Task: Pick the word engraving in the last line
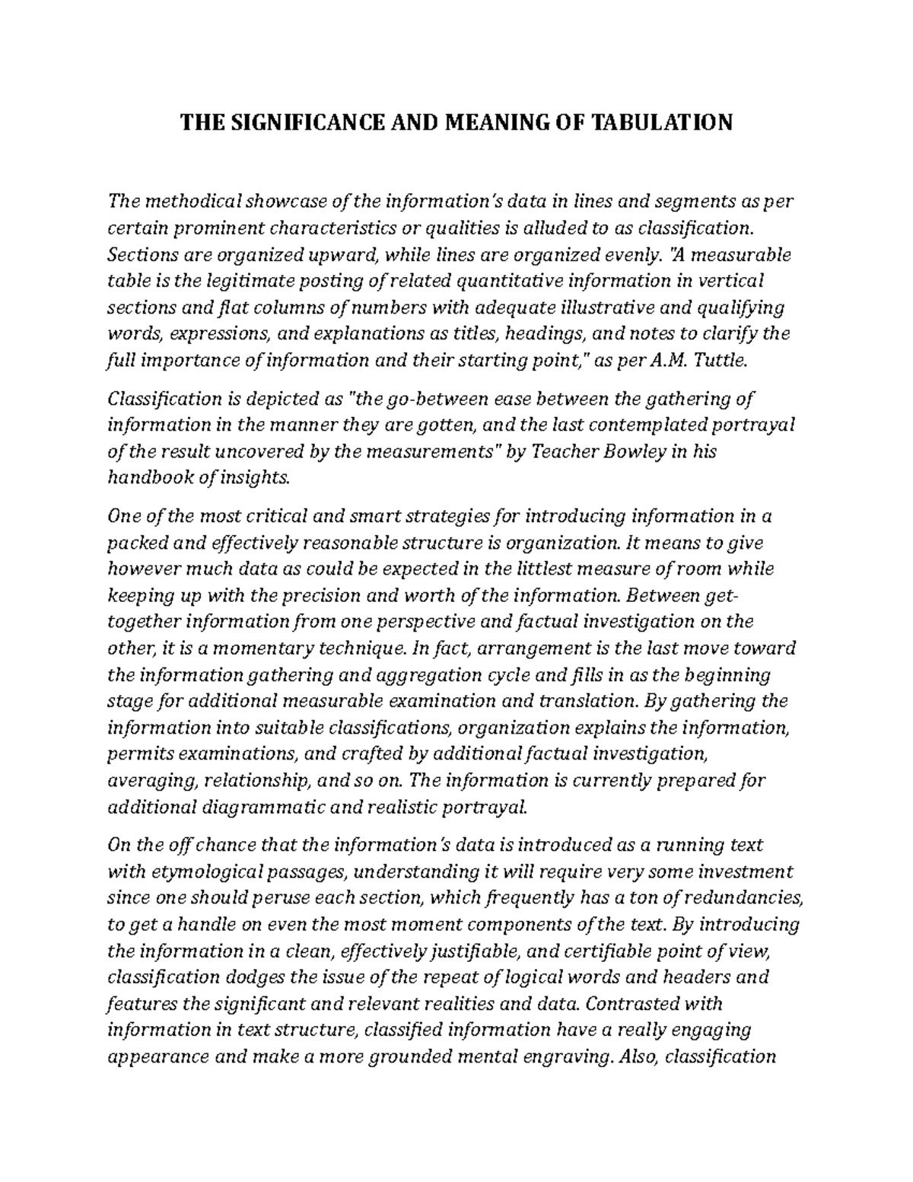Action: coord(564,1056)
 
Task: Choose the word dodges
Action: coord(241,977)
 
